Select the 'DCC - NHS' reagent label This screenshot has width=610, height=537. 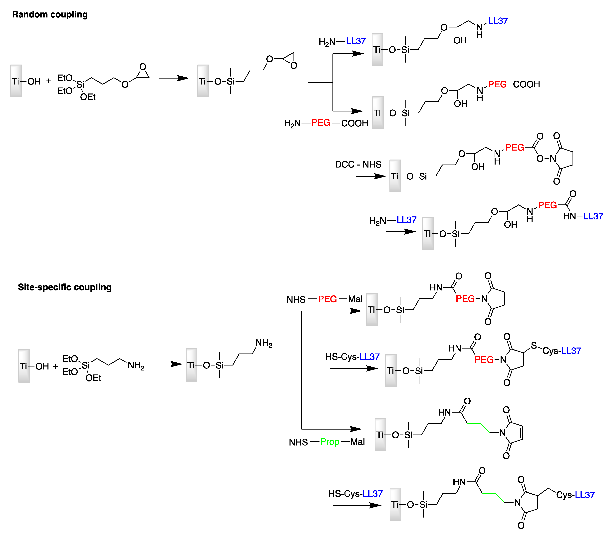pyautogui.click(x=358, y=165)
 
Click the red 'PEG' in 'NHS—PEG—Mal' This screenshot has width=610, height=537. pyautogui.click(x=327, y=299)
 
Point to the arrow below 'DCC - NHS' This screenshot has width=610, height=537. pyautogui.click(x=371, y=176)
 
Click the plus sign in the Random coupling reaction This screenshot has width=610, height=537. pyautogui.click(x=49, y=81)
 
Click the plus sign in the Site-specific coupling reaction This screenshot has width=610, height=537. pyautogui.click(x=55, y=366)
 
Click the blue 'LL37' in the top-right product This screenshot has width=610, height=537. pyautogui.click(x=498, y=21)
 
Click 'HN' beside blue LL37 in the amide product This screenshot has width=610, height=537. pyautogui.click(x=569, y=216)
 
